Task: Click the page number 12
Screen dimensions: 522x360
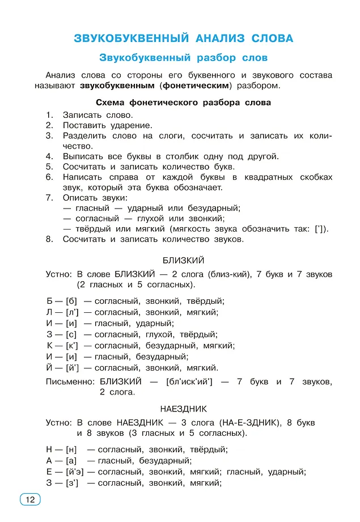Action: pos(30,499)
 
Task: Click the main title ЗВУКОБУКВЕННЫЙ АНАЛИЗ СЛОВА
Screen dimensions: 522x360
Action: pos(184,39)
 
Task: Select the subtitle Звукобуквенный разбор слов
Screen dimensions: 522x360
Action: pos(183,58)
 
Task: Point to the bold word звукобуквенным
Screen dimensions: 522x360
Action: pos(117,86)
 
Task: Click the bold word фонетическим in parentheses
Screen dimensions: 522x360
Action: pos(196,86)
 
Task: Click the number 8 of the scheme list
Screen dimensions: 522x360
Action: pos(49,239)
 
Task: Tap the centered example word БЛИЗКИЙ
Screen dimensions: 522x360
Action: pos(183,261)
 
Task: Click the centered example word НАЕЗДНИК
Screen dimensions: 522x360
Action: pos(183,409)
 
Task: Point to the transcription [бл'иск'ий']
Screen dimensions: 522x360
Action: pos(189,382)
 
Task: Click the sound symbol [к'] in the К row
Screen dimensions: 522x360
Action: pos(72,345)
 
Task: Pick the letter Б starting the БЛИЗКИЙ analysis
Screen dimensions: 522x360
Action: pos(50,301)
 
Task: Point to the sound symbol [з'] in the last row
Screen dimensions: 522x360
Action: pos(72,483)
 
